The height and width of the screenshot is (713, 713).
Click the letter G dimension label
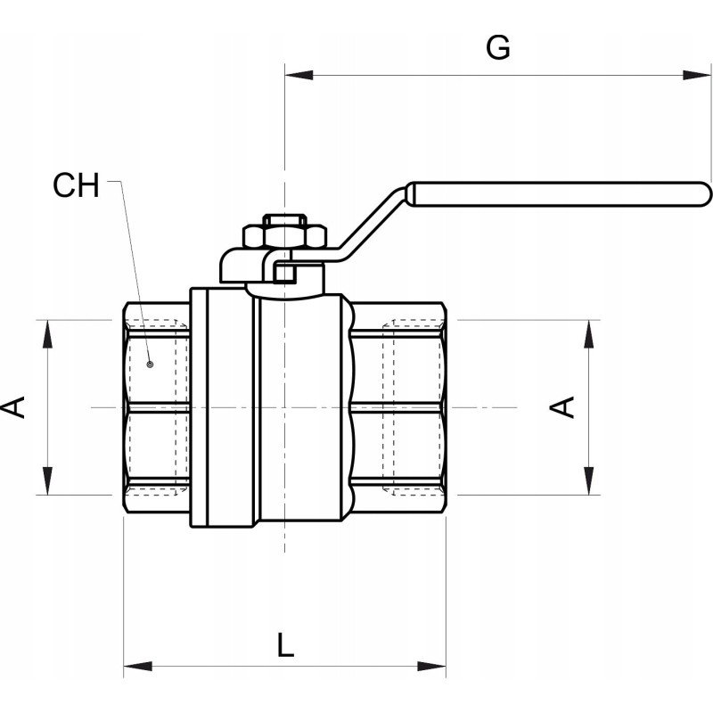(498, 48)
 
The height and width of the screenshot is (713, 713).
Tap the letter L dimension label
(285, 644)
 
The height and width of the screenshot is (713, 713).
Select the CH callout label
(76, 185)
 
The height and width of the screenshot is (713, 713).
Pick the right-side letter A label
(562, 407)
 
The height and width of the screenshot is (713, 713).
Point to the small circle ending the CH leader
(150, 365)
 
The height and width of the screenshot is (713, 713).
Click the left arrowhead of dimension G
(299, 75)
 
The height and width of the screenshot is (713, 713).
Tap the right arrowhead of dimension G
(697, 75)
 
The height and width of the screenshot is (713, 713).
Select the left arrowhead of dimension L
(138, 667)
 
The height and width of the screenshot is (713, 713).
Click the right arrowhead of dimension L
(432, 667)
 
